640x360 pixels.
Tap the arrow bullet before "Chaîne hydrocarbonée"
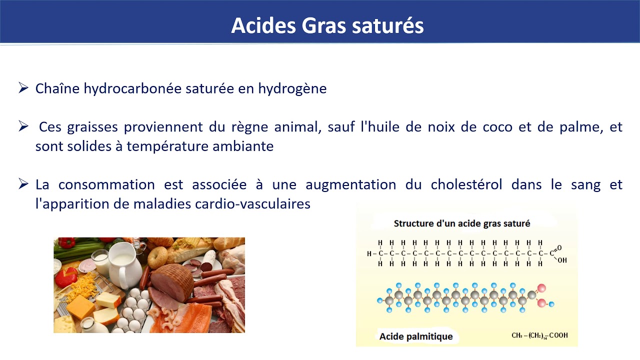coord(23,88)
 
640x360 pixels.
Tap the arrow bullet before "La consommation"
coord(23,184)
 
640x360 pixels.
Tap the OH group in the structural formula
coord(562,260)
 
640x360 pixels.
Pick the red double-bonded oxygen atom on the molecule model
coord(541,288)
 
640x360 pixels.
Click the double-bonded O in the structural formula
coord(559,247)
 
